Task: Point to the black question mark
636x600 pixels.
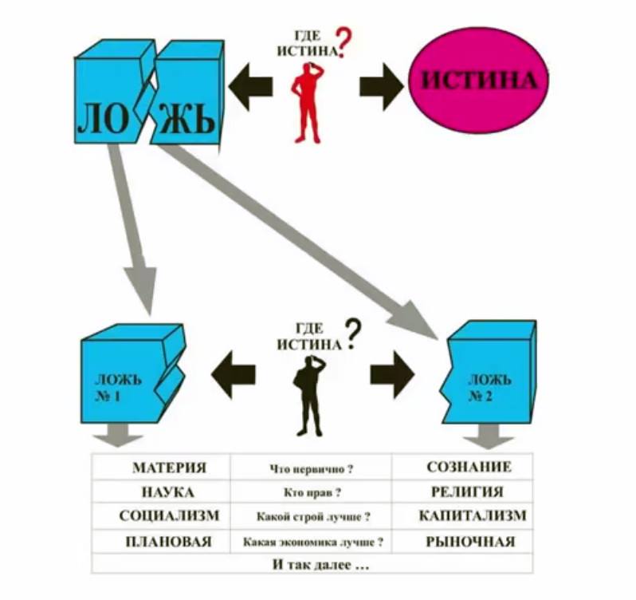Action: point(351,334)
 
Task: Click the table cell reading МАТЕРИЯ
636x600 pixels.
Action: point(169,468)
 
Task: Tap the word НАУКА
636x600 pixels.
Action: point(168,492)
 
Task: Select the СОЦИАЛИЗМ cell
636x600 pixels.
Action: point(168,516)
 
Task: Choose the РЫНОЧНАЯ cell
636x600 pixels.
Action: point(469,542)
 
